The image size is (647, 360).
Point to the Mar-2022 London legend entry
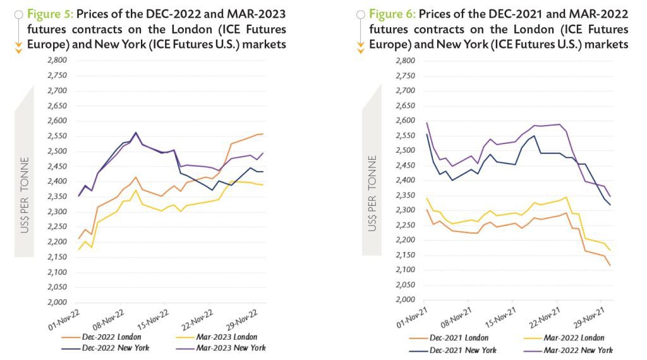coord(575,338)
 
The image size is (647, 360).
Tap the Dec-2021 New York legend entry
coord(462,349)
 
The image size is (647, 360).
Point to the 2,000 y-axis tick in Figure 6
coord(404,300)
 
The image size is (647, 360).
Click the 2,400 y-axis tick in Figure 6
coord(404,181)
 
